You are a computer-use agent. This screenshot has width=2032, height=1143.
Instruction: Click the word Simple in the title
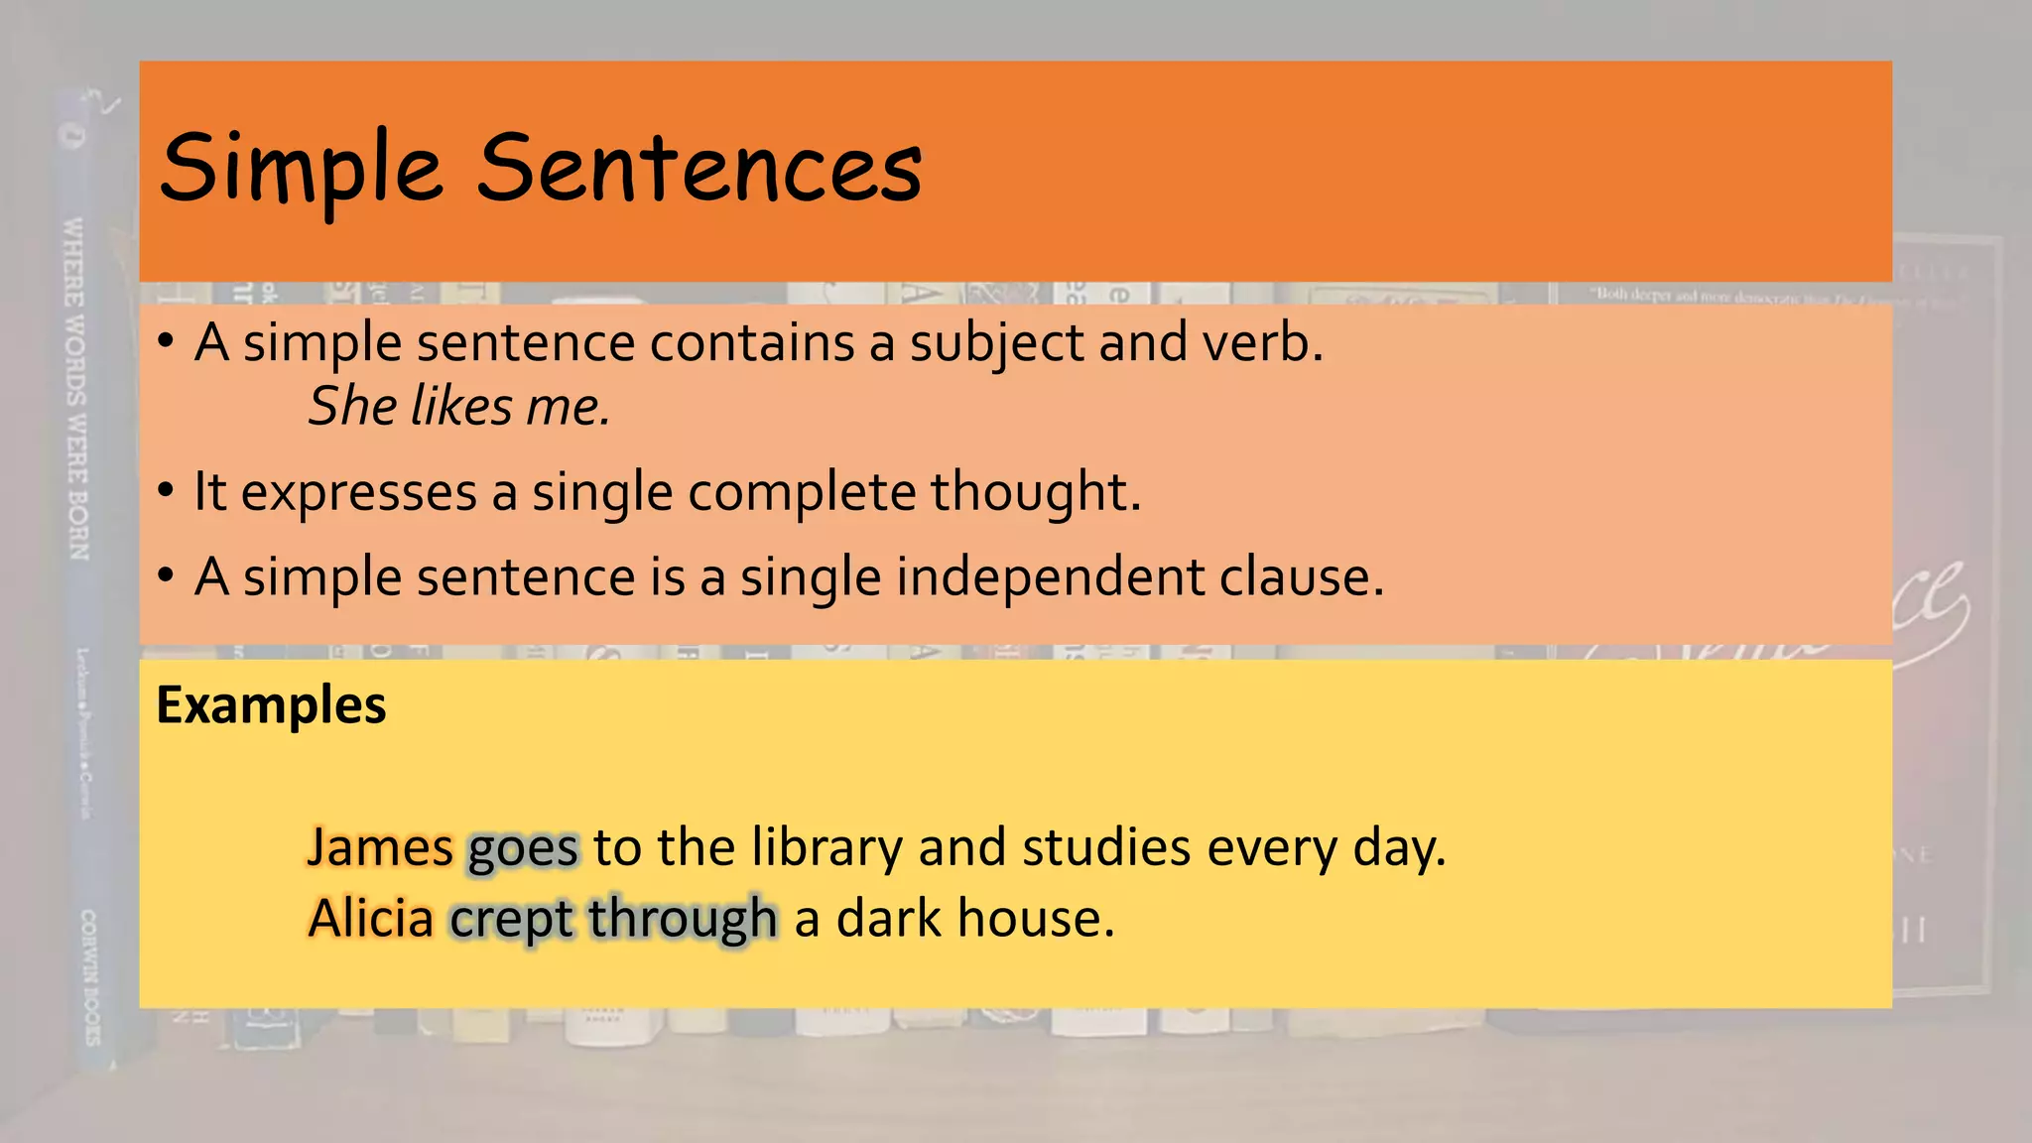click(x=301, y=169)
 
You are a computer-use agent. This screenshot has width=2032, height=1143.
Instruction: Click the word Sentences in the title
click(x=699, y=169)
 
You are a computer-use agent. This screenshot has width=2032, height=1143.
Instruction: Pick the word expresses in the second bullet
click(x=358, y=493)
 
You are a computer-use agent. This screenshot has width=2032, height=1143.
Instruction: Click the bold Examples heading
click(x=271, y=705)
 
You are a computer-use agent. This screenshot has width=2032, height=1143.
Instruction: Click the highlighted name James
click(x=380, y=848)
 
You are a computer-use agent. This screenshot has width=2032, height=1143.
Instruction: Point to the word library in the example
click(x=826, y=848)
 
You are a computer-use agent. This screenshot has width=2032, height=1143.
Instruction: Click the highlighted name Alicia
click(x=371, y=919)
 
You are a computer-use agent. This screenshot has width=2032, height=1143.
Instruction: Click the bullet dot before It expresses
click(x=167, y=491)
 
